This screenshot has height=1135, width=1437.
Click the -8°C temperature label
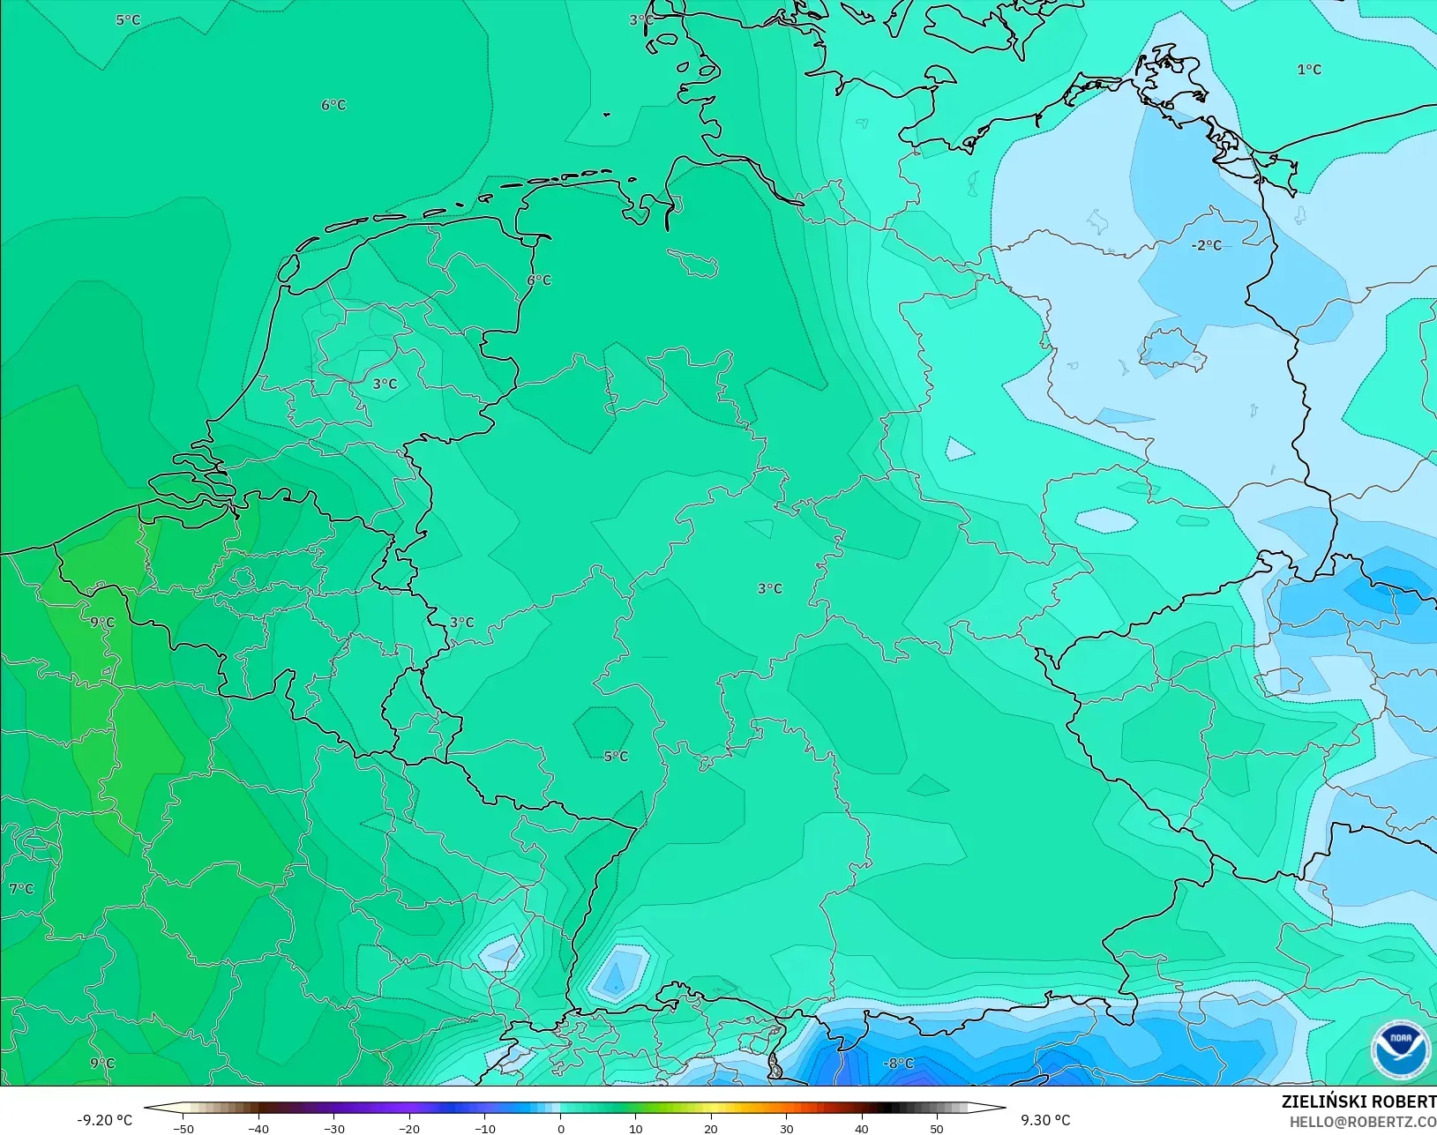(899, 1064)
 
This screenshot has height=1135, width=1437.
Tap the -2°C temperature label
(1207, 245)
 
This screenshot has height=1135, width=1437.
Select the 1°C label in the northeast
(1309, 70)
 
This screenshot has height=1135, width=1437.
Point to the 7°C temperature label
(22, 889)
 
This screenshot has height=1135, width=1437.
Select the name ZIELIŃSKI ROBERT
(1358, 1101)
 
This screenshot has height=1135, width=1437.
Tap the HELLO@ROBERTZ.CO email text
(1363, 1122)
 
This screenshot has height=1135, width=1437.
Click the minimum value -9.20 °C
(104, 1120)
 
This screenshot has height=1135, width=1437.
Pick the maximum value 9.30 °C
(1046, 1120)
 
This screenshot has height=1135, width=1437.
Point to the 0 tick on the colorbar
(561, 1128)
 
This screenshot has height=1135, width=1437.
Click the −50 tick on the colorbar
(183, 1128)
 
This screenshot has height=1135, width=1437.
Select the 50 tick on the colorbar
(937, 1128)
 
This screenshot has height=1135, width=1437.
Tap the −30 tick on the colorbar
(333, 1128)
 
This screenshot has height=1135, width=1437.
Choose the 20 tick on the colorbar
(711, 1128)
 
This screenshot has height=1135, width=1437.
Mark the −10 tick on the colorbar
(484, 1128)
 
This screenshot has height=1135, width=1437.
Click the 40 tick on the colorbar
(862, 1128)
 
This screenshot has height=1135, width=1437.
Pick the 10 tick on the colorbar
(636, 1128)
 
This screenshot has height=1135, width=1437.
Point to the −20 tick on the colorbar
(409, 1128)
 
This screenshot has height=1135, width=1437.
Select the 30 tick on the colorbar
(787, 1128)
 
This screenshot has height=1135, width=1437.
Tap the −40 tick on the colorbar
(258, 1128)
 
